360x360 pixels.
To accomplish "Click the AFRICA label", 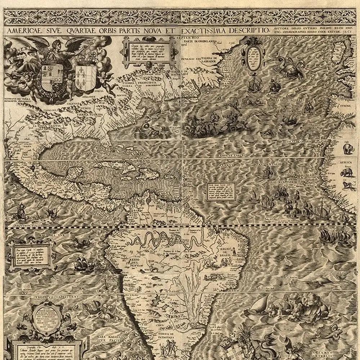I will click(x=348, y=162).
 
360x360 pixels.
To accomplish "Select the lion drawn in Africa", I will click(x=347, y=186).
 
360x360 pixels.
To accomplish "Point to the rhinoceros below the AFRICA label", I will click(x=347, y=173).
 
